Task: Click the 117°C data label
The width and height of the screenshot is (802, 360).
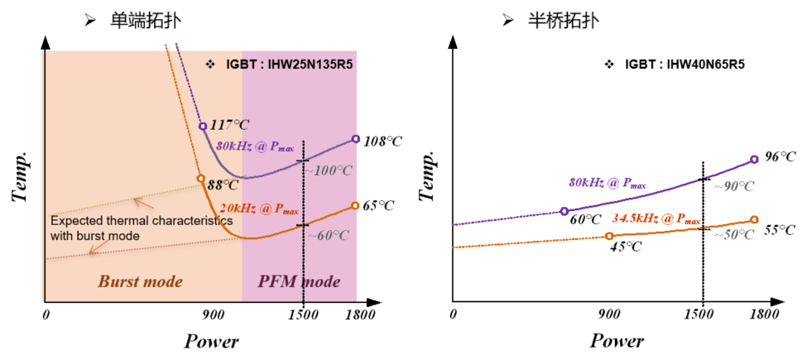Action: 229,125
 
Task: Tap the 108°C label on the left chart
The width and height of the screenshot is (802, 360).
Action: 382,141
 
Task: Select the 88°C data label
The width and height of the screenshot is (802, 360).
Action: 223,185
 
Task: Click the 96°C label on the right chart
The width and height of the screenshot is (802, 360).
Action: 780,156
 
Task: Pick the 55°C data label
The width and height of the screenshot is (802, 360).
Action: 780,229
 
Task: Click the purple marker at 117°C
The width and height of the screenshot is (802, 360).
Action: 203,127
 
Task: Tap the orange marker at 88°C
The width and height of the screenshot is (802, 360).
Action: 200,178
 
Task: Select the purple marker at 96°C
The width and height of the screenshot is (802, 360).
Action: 754,160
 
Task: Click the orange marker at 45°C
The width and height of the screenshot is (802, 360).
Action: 609,236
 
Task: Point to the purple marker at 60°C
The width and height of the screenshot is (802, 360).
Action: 564,211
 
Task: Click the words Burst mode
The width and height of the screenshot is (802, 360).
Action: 140,281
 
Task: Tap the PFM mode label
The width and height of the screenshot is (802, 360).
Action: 299,281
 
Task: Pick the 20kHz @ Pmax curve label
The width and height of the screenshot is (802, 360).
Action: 258,208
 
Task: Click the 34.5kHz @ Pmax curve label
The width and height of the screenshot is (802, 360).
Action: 656,218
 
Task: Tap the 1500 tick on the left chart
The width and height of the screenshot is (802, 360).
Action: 304,314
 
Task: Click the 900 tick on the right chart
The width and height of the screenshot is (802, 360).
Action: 608,314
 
